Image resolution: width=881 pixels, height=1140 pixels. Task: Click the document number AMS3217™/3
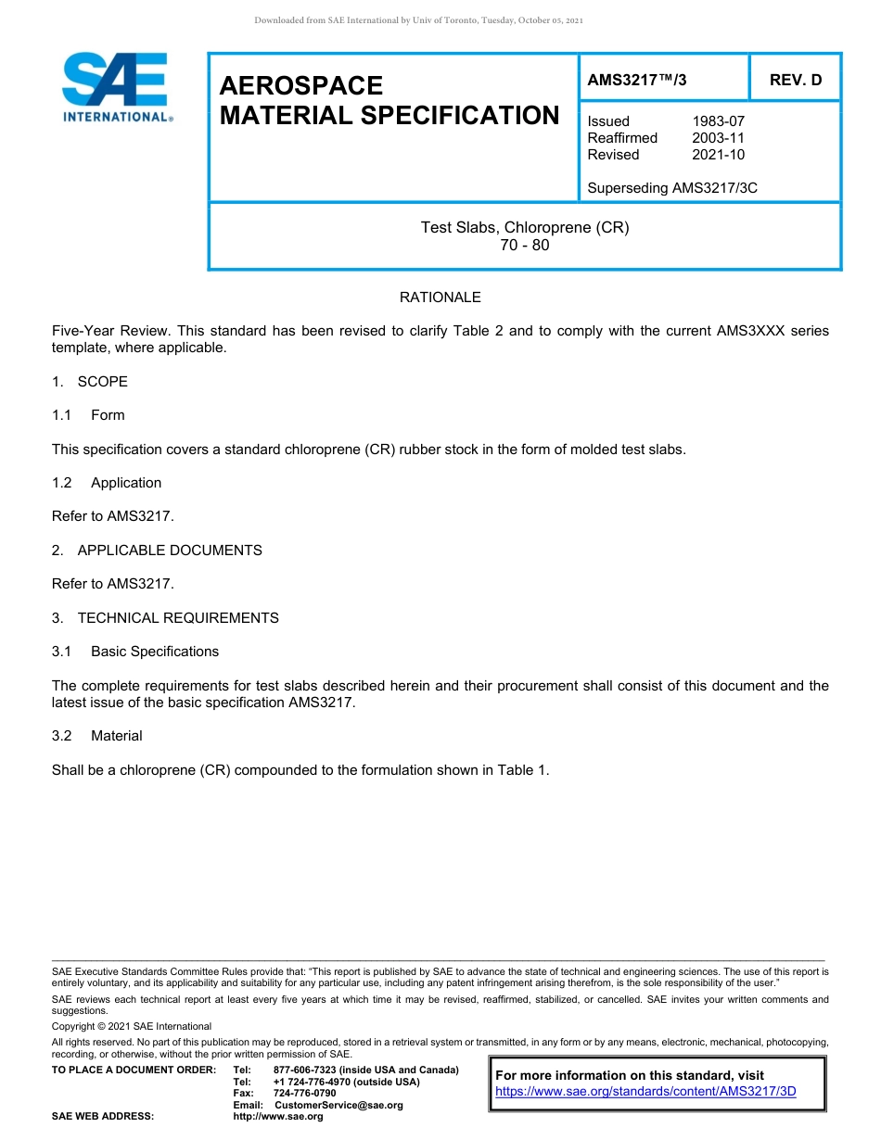tap(637, 80)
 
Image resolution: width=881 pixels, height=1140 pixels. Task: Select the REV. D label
tap(796, 80)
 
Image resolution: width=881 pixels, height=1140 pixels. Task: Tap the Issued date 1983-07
tap(718, 121)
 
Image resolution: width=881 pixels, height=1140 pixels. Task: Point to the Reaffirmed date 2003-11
tap(718, 138)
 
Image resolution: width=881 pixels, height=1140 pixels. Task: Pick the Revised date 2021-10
tap(718, 155)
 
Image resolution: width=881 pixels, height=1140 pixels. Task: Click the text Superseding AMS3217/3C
tap(672, 188)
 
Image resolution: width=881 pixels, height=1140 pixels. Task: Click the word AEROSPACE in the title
tap(301, 85)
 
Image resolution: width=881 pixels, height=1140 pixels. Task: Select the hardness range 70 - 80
tap(524, 246)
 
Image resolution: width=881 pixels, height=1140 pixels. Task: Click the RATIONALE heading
tap(440, 298)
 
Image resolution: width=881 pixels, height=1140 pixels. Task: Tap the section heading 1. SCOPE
tap(90, 382)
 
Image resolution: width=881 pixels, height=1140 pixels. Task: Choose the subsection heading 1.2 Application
tap(107, 483)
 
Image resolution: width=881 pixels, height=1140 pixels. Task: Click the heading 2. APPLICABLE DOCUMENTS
tap(157, 551)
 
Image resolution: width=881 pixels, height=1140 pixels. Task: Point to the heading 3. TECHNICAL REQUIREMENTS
tap(165, 618)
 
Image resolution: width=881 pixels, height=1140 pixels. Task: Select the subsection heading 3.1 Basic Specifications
tap(135, 652)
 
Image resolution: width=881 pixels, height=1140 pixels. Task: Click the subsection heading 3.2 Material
tap(97, 736)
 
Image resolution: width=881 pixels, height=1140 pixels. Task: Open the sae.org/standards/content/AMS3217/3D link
tap(645, 1092)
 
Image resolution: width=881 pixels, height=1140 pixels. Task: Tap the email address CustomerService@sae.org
tap(338, 1105)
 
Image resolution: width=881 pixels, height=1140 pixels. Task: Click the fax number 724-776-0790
tap(304, 1094)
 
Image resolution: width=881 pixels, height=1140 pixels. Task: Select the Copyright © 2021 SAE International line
tap(132, 1026)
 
